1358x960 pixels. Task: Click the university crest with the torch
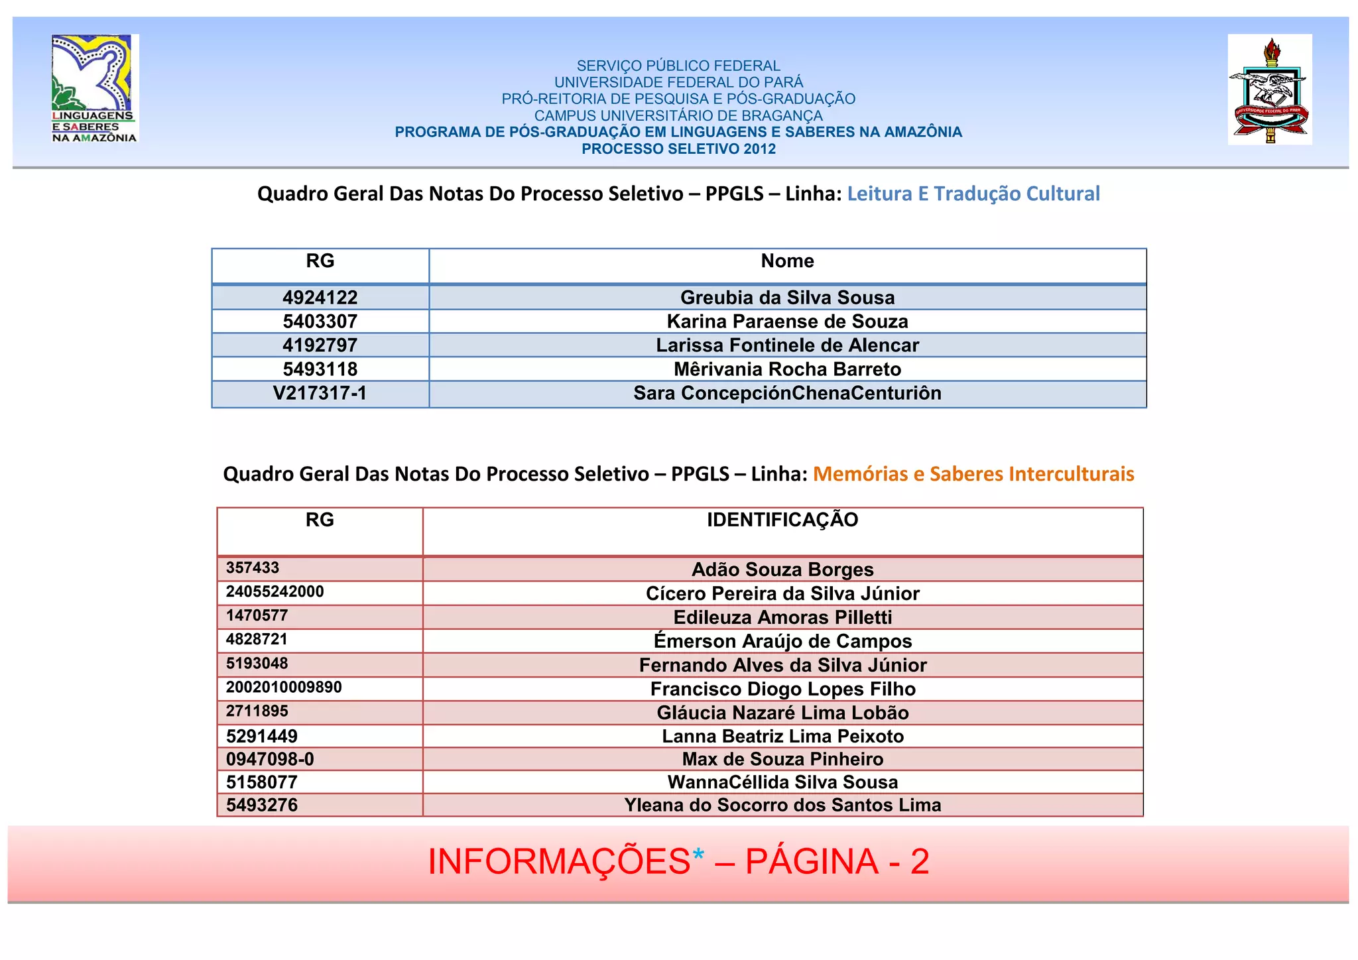[1269, 90]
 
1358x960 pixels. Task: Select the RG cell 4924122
[320, 298]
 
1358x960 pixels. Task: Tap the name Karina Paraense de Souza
[787, 322]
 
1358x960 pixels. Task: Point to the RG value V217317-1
[320, 393]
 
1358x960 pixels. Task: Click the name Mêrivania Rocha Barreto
[787, 369]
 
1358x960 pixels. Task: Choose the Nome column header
[787, 261]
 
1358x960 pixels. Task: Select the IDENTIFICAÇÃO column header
[782, 520]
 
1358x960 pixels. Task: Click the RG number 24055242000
[275, 591]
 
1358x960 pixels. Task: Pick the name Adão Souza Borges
[782, 570]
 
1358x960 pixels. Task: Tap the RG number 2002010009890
[284, 687]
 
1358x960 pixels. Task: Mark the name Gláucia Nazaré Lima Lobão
[782, 713]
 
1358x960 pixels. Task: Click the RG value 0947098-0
[270, 759]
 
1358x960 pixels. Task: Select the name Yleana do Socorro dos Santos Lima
[782, 805]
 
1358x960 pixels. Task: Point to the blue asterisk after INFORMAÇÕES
[698, 856]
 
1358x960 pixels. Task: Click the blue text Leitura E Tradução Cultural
[973, 194]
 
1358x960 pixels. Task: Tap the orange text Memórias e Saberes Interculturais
[973, 474]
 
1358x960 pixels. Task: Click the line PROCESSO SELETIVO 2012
[678, 149]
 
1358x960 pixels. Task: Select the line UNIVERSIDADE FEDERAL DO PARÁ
[678, 82]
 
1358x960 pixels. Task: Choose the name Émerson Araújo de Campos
[782, 641]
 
